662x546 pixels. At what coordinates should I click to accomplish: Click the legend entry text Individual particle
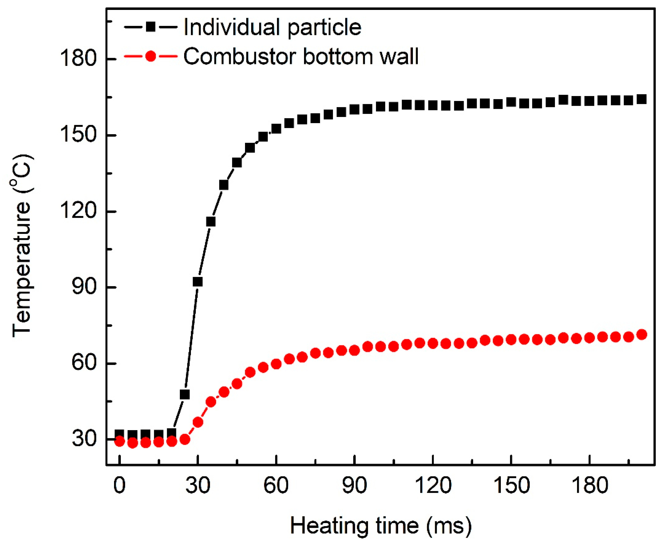[272, 28]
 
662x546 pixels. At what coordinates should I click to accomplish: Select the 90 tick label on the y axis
[84, 287]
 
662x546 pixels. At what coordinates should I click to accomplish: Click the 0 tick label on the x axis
[119, 486]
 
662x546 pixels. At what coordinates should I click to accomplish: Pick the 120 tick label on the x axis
[433, 486]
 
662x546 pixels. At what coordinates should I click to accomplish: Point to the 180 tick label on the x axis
[590, 486]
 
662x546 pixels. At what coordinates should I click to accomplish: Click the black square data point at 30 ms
[197, 282]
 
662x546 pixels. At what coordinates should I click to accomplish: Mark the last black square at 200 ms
[641, 99]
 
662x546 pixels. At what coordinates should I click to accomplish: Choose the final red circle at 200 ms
[641, 335]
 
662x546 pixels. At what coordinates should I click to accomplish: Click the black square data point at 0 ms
[119, 435]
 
